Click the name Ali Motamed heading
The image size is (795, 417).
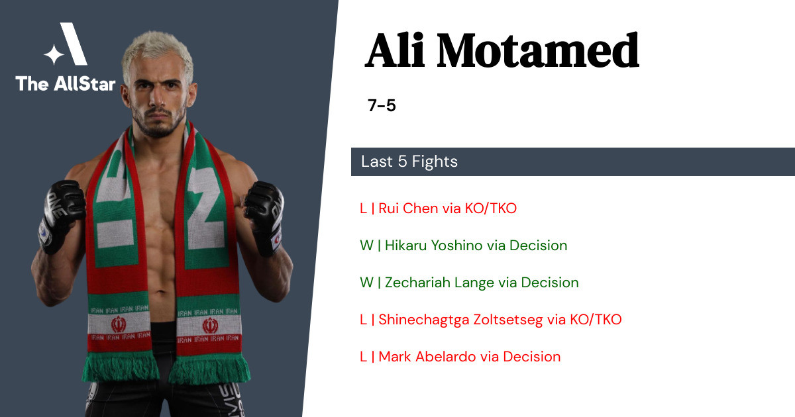[502, 50]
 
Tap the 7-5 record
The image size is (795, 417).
[382, 105]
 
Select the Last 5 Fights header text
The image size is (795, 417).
[409, 162]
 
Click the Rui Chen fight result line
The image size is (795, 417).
[438, 208]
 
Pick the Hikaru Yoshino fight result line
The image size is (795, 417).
[464, 246]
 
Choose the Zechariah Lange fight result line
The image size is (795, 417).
[469, 283]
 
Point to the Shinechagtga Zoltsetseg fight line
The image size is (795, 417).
[491, 320]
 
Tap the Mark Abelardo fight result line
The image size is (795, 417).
[460, 357]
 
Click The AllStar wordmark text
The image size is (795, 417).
[66, 83]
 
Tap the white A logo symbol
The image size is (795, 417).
[73, 44]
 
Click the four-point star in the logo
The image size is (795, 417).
[54, 54]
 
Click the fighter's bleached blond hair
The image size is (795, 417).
[156, 53]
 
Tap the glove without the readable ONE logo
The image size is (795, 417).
[264, 217]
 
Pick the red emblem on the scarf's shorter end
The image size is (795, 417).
[119, 324]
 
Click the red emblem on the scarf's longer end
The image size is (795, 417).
[210, 326]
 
